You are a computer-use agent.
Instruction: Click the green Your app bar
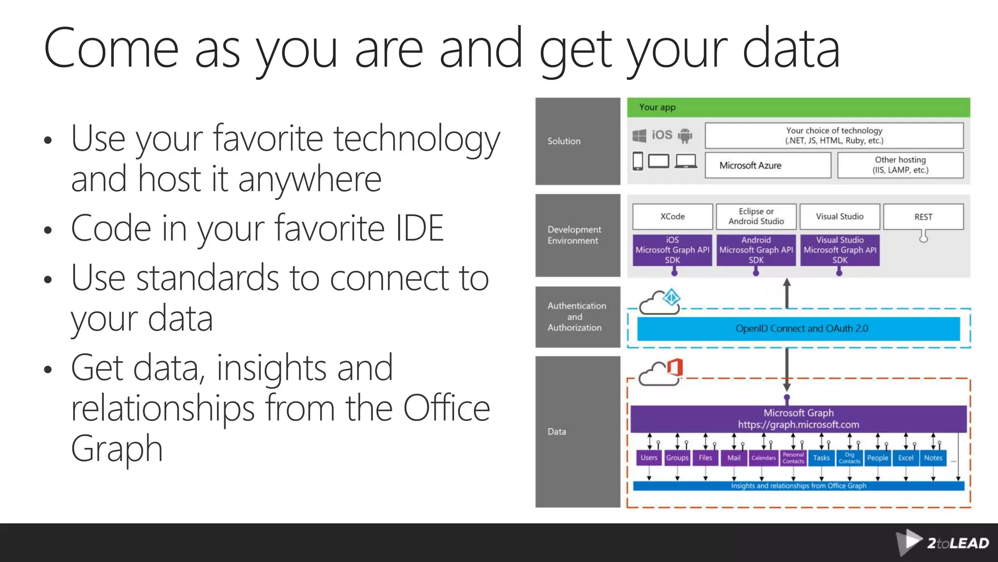pyautogui.click(x=798, y=107)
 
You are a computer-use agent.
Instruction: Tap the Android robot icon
pyautogui.click(x=685, y=135)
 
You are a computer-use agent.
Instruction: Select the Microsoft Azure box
pyautogui.click(x=768, y=165)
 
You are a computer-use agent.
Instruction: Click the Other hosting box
pyautogui.click(x=900, y=165)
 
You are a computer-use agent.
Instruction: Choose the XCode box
pyautogui.click(x=672, y=217)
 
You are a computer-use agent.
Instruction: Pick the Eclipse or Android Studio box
pyautogui.click(x=756, y=217)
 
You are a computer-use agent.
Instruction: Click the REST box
pyautogui.click(x=923, y=217)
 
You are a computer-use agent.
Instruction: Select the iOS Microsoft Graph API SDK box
pyautogui.click(x=672, y=250)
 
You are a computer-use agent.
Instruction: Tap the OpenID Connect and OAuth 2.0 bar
pyautogui.click(x=798, y=329)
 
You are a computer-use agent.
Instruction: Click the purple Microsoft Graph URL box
pyautogui.click(x=798, y=419)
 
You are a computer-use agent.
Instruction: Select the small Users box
pyautogui.click(x=649, y=458)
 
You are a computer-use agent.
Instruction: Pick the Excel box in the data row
pyautogui.click(x=905, y=458)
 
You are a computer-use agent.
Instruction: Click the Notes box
pyautogui.click(x=933, y=458)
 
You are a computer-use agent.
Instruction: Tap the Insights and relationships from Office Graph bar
pyautogui.click(x=798, y=486)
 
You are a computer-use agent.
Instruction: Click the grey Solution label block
pyautogui.click(x=577, y=141)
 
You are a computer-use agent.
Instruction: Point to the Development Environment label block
pyautogui.click(x=577, y=235)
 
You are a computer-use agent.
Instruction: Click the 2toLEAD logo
pyautogui.click(x=943, y=542)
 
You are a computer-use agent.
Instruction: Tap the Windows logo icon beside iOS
pyautogui.click(x=639, y=135)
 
